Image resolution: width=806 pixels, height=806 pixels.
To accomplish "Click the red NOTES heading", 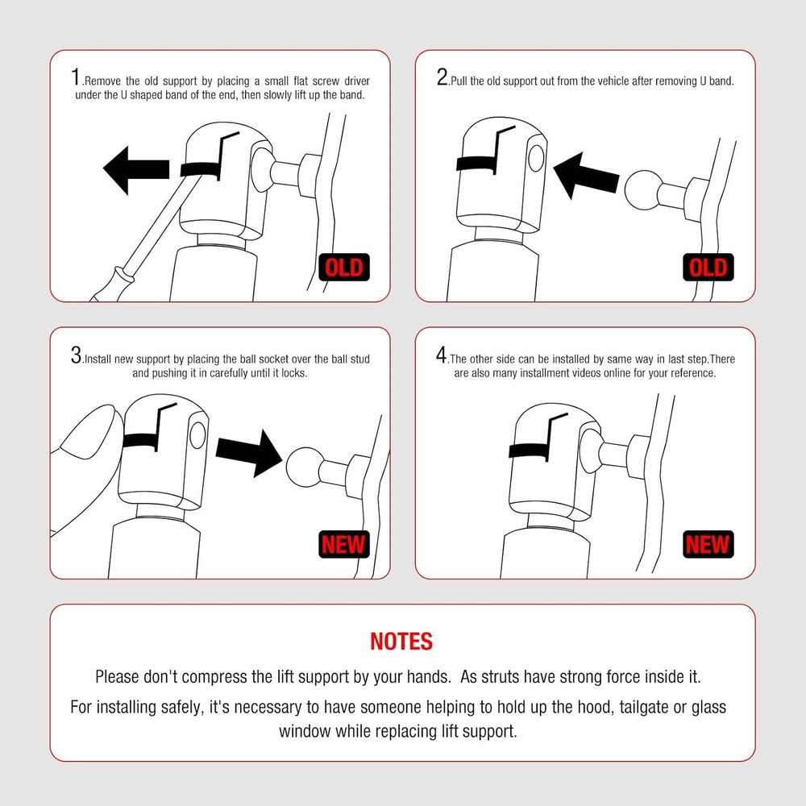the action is pyautogui.click(x=401, y=642).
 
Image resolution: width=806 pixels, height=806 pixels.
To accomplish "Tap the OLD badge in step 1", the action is pyautogui.click(x=344, y=268).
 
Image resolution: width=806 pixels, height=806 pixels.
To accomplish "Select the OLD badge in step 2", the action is pyautogui.click(x=708, y=268).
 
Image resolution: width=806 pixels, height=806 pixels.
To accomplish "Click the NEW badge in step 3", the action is pyautogui.click(x=344, y=544).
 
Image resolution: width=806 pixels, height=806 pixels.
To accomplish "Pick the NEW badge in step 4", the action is pyautogui.click(x=708, y=544).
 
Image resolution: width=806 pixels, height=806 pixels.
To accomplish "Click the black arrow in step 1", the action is pyautogui.click(x=136, y=170).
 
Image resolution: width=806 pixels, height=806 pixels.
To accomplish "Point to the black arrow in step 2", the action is pyautogui.click(x=586, y=176).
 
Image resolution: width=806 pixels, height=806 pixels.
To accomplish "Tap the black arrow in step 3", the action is pyautogui.click(x=249, y=453).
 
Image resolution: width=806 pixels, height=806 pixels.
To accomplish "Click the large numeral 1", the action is pyautogui.click(x=76, y=77).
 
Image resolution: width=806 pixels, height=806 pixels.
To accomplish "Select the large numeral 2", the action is pyautogui.click(x=442, y=77).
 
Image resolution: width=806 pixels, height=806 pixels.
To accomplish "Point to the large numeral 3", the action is pyautogui.click(x=76, y=355).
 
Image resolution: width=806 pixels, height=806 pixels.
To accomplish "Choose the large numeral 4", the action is pyautogui.click(x=442, y=355).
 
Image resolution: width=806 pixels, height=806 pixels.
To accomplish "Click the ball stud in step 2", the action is pyautogui.click(x=643, y=190).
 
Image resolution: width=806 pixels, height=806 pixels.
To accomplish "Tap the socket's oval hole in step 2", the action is pyautogui.click(x=536, y=158).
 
